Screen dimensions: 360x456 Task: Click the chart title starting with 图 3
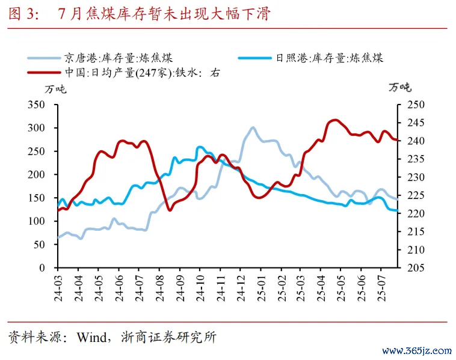(138, 14)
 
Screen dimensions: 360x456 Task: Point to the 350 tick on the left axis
(37, 105)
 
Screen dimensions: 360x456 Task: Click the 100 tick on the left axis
(37, 221)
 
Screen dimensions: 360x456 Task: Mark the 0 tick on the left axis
(43, 267)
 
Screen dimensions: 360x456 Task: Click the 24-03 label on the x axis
(58, 287)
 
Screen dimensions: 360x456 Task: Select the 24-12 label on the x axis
(241, 287)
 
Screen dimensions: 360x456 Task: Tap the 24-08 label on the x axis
(159, 287)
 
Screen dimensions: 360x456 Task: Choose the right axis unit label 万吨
(400, 88)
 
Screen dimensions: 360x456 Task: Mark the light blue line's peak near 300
(253, 127)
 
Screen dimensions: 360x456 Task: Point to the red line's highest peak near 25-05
(334, 120)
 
